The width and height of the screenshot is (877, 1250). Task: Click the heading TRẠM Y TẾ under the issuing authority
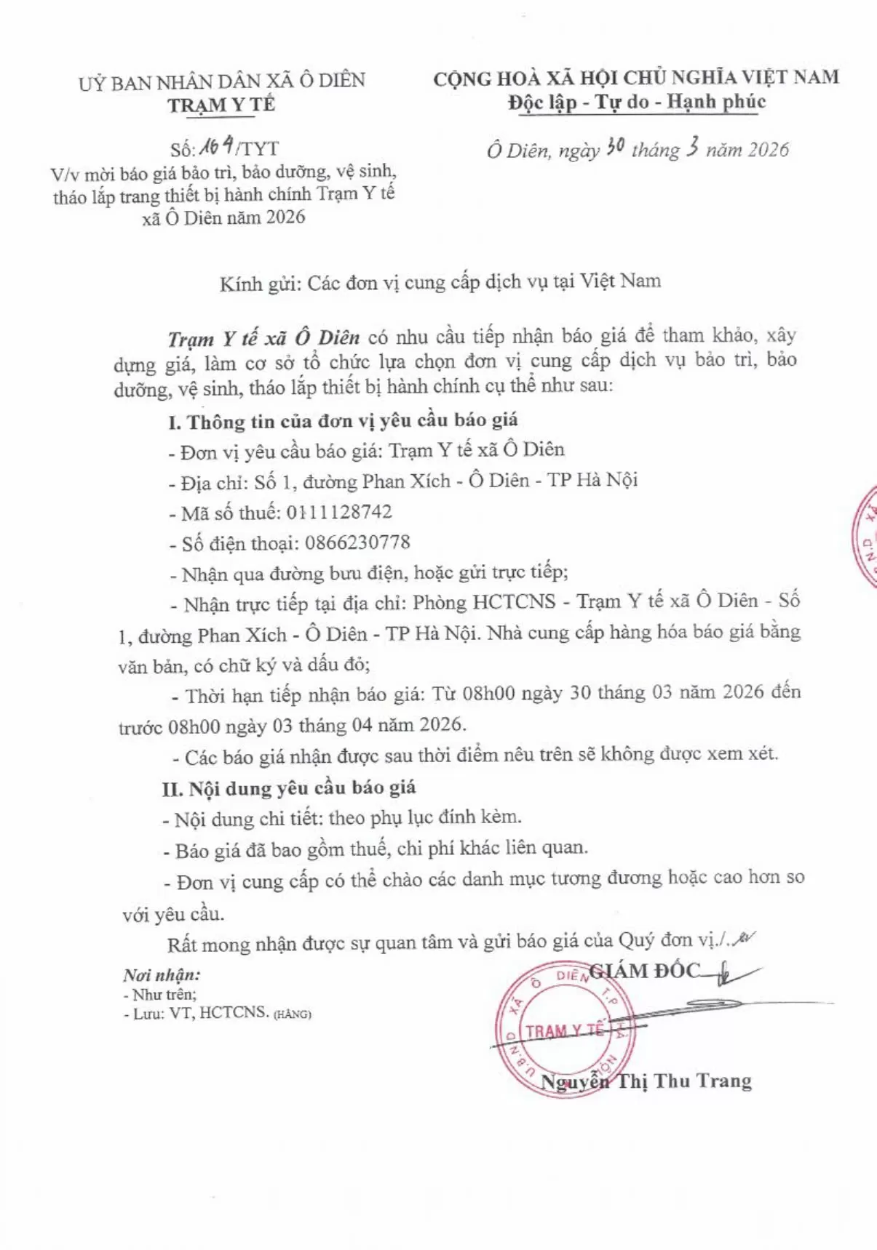coord(221,105)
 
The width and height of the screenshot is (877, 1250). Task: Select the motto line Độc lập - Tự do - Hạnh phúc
coord(637,102)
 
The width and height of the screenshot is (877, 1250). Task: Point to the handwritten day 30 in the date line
coord(615,148)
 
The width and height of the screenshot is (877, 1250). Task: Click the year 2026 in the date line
coord(768,150)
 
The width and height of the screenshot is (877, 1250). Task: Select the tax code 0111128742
coord(339,512)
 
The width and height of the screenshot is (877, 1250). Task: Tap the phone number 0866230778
coord(357,542)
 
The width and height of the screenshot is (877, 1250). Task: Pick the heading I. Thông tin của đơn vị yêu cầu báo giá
coord(343,421)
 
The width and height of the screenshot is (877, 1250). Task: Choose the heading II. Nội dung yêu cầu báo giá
coord(289,788)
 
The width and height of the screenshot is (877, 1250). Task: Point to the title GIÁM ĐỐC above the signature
coord(645,971)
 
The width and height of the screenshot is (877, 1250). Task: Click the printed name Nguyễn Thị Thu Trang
coord(646,1081)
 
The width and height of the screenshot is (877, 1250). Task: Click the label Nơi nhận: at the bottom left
coord(162,975)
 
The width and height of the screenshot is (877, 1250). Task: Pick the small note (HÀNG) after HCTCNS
coord(292,1014)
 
